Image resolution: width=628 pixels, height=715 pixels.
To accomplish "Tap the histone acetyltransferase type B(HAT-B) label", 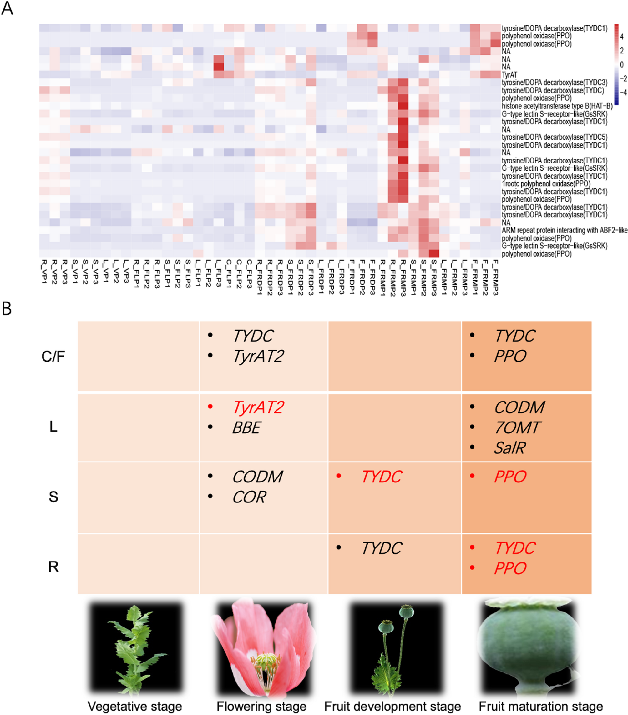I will pos(557,106).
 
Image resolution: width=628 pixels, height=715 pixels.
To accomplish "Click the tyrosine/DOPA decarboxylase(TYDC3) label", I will pos(555,82).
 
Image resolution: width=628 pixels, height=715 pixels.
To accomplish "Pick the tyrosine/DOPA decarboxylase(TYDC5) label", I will pos(555,137).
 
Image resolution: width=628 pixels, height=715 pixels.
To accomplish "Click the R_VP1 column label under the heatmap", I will pos(44,271).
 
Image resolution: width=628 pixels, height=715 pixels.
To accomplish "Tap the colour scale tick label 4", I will pos(622,37).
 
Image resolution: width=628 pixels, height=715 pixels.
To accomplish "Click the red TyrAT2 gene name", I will pos(258,407).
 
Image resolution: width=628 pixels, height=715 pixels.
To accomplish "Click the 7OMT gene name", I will pos(517,428).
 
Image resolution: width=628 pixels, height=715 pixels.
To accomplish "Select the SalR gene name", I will pos(510,448).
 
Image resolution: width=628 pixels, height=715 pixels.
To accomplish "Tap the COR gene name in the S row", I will pos(249,497).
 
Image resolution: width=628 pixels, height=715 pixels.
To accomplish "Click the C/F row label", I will pos(53,357).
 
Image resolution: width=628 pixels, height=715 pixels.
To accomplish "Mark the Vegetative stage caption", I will pos(135,706).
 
